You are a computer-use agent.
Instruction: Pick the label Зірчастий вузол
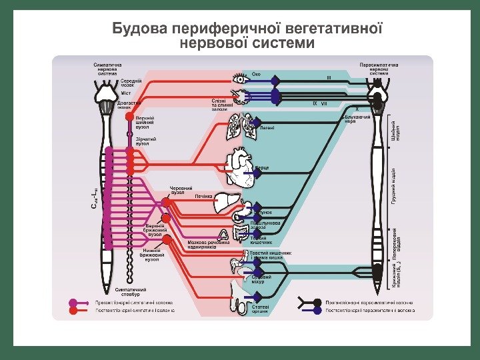tap(143, 141)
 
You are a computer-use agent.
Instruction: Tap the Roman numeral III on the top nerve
tap(328, 78)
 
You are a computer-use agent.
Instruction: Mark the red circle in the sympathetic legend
tap(73, 309)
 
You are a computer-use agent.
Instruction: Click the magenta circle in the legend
tap(73, 301)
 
